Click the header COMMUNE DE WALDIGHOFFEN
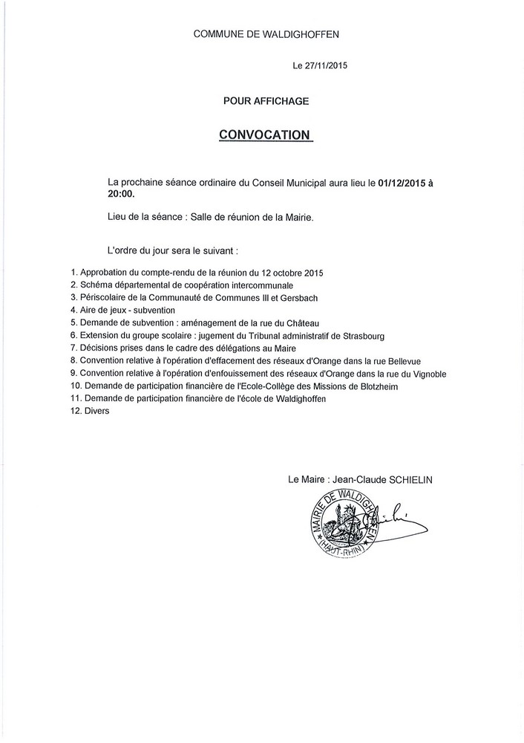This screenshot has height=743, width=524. [266, 34]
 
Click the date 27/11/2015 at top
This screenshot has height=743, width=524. [328, 66]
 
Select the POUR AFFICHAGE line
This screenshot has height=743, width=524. [266, 100]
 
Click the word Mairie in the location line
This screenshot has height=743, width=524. [297, 217]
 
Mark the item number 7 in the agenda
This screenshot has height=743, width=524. [73, 348]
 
